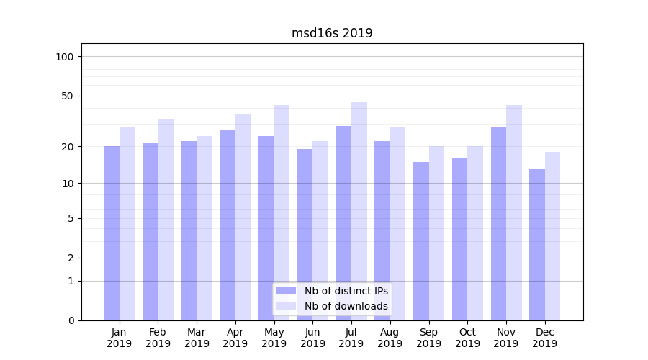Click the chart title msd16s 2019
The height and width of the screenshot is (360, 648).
332,33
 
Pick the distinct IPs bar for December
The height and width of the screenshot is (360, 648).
537,245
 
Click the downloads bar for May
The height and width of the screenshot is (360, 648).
282,212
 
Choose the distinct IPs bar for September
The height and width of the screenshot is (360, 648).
421,241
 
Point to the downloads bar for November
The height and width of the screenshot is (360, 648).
514,212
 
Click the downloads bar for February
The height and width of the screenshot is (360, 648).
166,219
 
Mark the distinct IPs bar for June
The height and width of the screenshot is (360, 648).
305,234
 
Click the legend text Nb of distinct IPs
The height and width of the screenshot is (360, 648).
346,291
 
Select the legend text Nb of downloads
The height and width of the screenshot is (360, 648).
346,306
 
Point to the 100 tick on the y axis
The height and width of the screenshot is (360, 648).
65,57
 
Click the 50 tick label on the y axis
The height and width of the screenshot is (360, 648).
68,96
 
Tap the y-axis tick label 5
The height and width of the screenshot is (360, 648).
71,218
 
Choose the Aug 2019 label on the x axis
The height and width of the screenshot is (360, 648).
390,338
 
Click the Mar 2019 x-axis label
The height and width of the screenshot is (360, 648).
197,338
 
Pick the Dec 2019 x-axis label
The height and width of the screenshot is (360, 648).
544,338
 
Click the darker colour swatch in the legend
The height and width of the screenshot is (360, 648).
287,291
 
